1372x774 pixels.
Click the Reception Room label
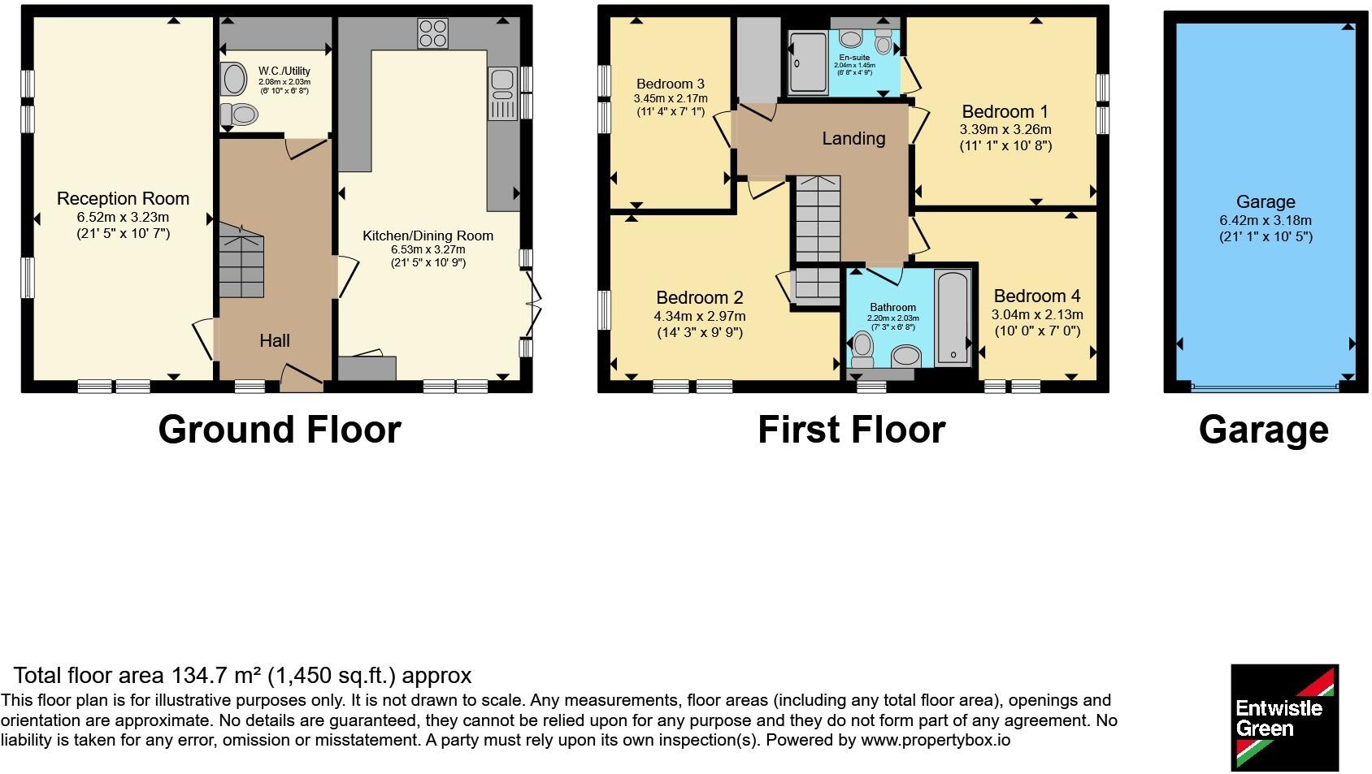click(x=123, y=199)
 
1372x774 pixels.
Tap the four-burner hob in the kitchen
click(x=433, y=33)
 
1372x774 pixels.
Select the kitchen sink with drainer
click(x=503, y=93)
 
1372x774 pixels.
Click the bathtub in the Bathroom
click(x=953, y=317)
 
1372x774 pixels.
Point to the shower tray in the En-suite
click(x=808, y=63)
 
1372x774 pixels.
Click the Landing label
click(x=853, y=138)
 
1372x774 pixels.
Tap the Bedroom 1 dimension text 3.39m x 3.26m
click(x=1005, y=130)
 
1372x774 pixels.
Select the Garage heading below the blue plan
click(x=1264, y=430)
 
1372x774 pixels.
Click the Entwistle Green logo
click(x=1284, y=717)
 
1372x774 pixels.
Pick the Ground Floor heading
click(x=280, y=430)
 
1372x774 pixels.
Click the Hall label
click(x=275, y=341)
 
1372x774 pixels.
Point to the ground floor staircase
click(x=241, y=260)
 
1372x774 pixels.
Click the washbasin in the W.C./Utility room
click(x=233, y=79)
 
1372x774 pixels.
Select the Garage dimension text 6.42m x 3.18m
click(x=1266, y=220)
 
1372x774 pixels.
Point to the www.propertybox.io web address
click(x=936, y=741)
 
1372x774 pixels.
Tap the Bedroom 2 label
click(x=700, y=298)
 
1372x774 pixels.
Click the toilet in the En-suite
click(x=884, y=41)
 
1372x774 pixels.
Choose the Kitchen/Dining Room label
click(x=428, y=236)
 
